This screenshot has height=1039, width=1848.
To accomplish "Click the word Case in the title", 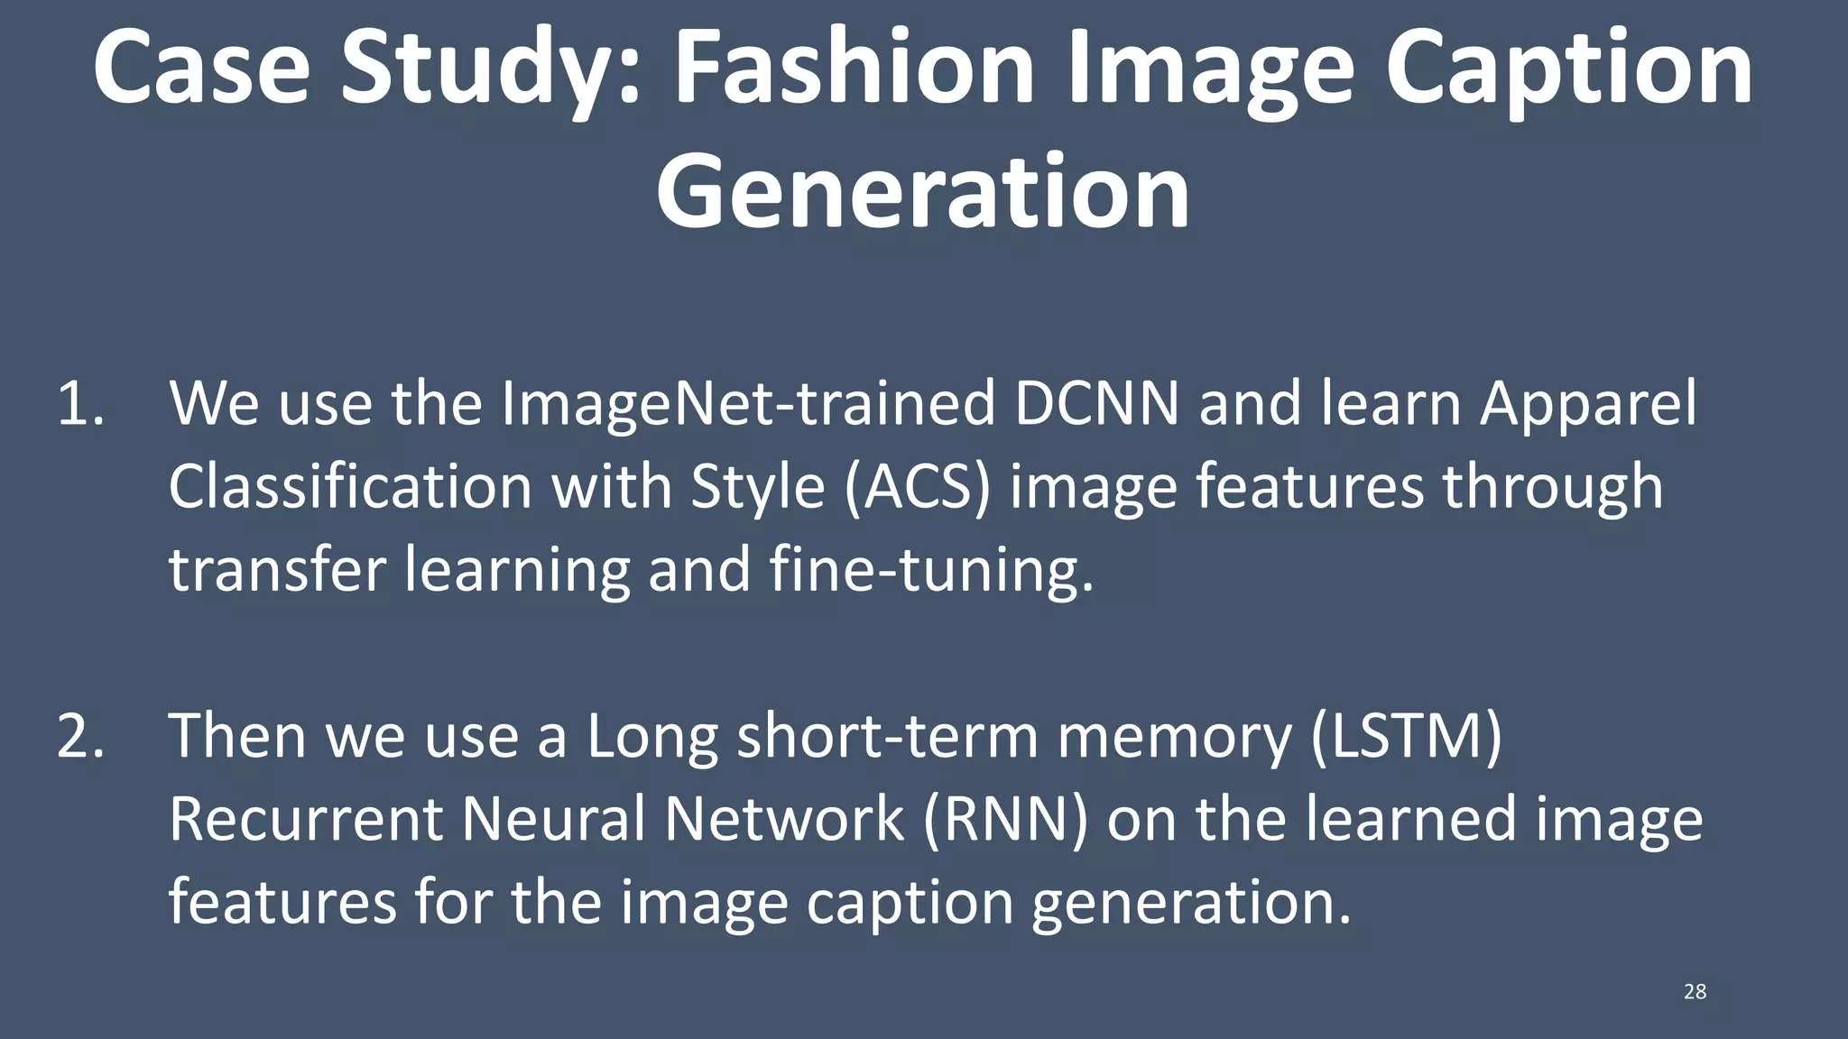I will [201, 69].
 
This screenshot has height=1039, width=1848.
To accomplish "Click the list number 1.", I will [81, 403].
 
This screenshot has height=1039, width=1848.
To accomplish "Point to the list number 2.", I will [81, 736].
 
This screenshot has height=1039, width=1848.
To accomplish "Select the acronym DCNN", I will [1096, 403].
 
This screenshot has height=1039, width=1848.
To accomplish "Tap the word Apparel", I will [1588, 405].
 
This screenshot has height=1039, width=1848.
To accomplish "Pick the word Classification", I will [350, 487].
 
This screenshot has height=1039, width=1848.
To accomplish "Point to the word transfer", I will [278, 570].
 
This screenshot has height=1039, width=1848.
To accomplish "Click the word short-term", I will [888, 736].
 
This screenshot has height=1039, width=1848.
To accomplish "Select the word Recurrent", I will [305, 819].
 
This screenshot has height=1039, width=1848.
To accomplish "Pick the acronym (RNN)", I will [1005, 819].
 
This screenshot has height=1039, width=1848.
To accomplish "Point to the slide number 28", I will [1695, 992].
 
